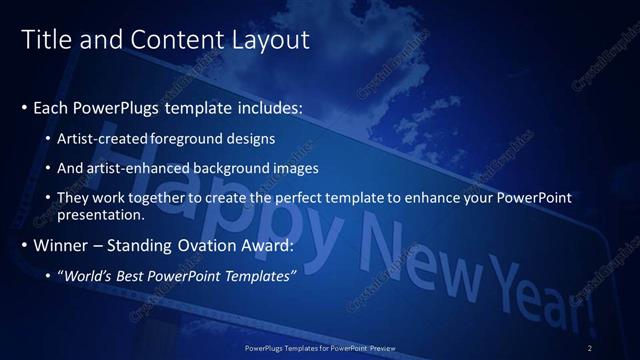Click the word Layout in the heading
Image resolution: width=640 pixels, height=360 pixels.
coord(270,40)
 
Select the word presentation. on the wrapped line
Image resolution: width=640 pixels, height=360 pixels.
coord(102,214)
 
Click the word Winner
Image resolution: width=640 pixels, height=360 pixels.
coord(61,245)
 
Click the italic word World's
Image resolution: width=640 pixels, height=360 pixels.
coord(89,275)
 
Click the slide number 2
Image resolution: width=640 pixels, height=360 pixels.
coord(590,347)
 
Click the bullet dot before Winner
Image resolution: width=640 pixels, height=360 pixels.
coord(24,245)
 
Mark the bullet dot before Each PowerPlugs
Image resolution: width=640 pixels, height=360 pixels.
coord(24,105)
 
